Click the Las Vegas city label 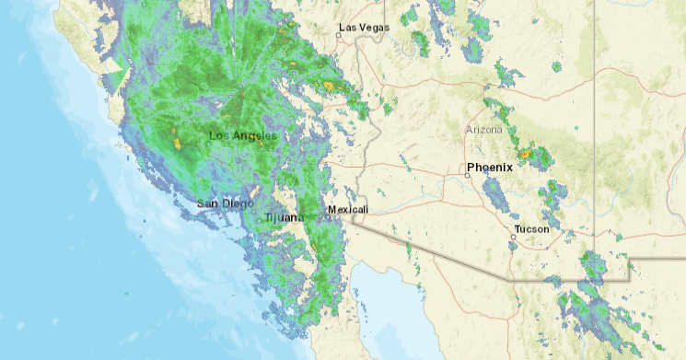(364, 28)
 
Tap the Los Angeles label (242, 136)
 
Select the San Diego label (225, 203)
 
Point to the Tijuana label (283, 217)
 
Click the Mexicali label (348, 210)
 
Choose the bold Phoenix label (489, 167)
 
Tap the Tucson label (531, 228)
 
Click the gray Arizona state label (484, 130)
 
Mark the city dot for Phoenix (467, 175)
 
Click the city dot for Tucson (513, 238)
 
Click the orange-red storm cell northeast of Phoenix (525, 154)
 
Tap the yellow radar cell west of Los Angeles (178, 143)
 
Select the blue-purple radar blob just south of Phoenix (495, 193)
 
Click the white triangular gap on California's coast (116, 74)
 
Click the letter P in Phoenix (471, 167)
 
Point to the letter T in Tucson (517, 228)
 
